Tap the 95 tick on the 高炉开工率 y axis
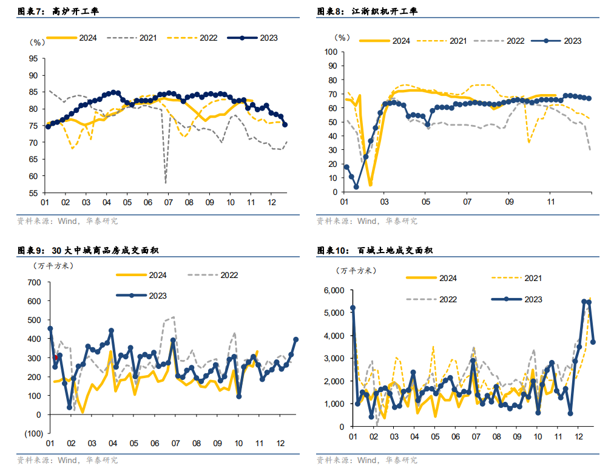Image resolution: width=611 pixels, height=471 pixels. pyautogui.click(x=33, y=59)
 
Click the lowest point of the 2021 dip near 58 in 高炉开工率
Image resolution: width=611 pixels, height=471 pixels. pyautogui.click(x=166, y=181)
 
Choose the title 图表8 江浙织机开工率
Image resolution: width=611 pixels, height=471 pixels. pyautogui.click(x=368, y=11)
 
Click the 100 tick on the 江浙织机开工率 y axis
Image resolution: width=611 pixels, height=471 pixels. pyautogui.click(x=331, y=52)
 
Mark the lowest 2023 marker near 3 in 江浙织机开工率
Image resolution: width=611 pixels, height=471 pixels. pyautogui.click(x=356, y=187)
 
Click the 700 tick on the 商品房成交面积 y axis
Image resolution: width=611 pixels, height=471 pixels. pyautogui.click(x=33, y=282)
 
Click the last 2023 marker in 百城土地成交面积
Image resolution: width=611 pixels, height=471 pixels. pyautogui.click(x=593, y=342)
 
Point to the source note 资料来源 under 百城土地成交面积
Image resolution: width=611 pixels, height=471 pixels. pyautogui.click(x=367, y=460)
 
